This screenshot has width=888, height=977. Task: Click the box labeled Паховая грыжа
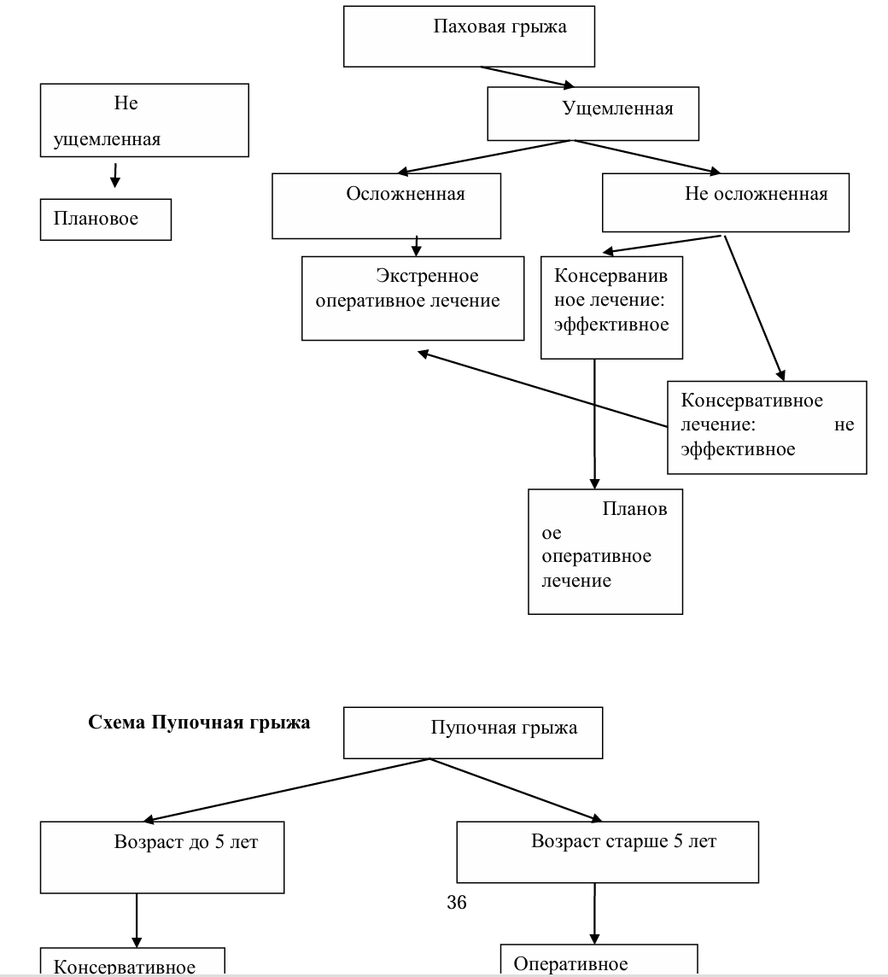tap(469, 36)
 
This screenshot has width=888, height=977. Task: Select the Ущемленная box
tap(593, 114)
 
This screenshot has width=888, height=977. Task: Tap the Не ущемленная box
tap(144, 120)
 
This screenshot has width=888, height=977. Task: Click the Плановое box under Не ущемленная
tap(105, 219)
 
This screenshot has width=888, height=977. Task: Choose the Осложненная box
tap(386, 206)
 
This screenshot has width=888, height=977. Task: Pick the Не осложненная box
tap(726, 202)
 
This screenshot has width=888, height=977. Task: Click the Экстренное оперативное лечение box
tap(412, 298)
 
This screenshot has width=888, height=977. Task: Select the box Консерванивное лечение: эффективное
tap(611, 307)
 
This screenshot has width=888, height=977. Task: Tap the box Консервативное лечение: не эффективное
tap(767, 427)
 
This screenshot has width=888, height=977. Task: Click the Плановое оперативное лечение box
tap(605, 552)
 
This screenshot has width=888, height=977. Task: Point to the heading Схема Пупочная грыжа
tap(199, 723)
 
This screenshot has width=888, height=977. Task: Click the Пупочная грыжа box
tap(473, 733)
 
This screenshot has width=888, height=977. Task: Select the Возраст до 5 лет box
tap(162, 857)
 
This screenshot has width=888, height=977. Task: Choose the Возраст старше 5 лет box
tap(608, 851)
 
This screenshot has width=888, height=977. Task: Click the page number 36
tap(457, 902)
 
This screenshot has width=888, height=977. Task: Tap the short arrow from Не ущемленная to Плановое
tap(114, 175)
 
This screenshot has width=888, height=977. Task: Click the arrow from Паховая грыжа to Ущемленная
tap(527, 77)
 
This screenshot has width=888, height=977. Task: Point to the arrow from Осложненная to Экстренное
tap(417, 246)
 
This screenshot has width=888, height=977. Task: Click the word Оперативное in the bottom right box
tap(571, 964)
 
